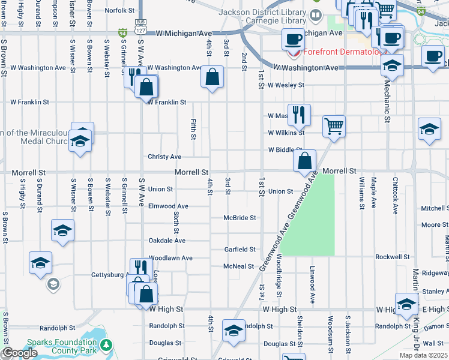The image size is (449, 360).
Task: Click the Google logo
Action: (19, 353)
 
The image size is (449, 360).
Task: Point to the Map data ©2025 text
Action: (424, 355)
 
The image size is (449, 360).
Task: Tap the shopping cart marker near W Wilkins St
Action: (334, 127)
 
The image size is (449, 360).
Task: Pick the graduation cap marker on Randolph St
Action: (234, 329)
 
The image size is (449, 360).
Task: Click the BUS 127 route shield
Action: (140, 28)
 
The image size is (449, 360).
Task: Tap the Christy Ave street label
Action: (164, 157)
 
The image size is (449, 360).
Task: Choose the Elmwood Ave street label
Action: (168, 206)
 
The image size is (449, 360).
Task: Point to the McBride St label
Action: (240, 218)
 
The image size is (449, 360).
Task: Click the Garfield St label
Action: (240, 250)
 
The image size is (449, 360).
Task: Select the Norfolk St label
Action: (119, 10)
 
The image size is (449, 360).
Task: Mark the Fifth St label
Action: (193, 129)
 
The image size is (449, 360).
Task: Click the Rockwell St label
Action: (393, 257)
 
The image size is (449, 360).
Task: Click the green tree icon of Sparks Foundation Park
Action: (106, 345)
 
